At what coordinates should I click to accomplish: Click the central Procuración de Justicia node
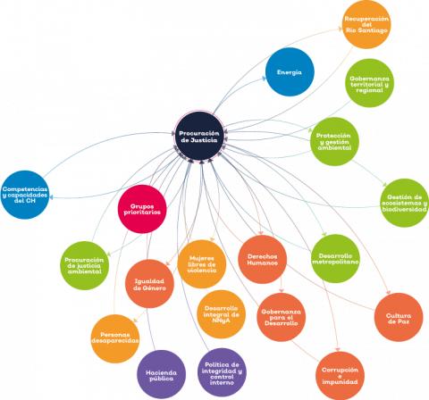199,137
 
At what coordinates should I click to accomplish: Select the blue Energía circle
290,72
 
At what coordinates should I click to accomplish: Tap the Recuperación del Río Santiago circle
366,24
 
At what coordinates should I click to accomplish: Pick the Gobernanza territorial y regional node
369,83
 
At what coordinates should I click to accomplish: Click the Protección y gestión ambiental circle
334,141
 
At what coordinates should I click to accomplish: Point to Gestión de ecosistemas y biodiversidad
405,203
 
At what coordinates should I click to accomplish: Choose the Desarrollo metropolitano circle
335,259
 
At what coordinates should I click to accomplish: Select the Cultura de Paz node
399,317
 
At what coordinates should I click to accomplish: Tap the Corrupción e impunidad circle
340,376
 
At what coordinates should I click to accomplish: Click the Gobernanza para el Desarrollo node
282,317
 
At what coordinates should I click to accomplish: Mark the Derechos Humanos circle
263,260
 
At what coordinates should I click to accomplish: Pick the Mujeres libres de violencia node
202,264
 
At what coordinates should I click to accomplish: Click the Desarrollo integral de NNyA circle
222,314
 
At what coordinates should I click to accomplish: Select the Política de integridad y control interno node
222,372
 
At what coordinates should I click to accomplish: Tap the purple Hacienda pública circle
162,375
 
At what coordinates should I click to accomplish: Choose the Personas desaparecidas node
115,338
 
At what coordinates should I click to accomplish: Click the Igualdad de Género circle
149,284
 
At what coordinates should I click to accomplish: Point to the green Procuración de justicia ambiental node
85,265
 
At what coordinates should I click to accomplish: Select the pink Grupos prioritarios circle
142,209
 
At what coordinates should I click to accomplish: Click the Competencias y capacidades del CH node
25,195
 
